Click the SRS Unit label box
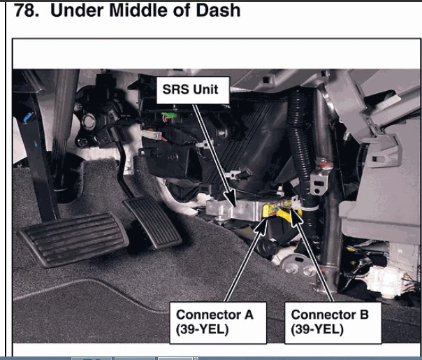click(x=191, y=89)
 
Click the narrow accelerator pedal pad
click(x=152, y=222)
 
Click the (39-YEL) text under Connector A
click(x=203, y=329)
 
